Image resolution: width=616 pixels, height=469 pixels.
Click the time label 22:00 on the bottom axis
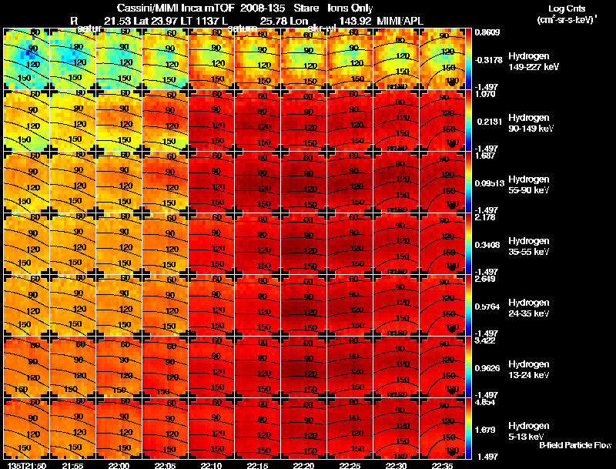(119, 465)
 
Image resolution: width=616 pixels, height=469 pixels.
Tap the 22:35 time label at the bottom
(443, 465)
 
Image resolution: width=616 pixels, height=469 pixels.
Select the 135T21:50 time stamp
(24, 465)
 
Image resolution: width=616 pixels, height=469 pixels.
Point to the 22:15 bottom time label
(258, 465)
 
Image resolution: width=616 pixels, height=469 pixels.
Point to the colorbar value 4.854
(487, 401)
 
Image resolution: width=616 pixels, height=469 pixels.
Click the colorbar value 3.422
(487, 340)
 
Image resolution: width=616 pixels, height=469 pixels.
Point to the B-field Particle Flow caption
(574, 445)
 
